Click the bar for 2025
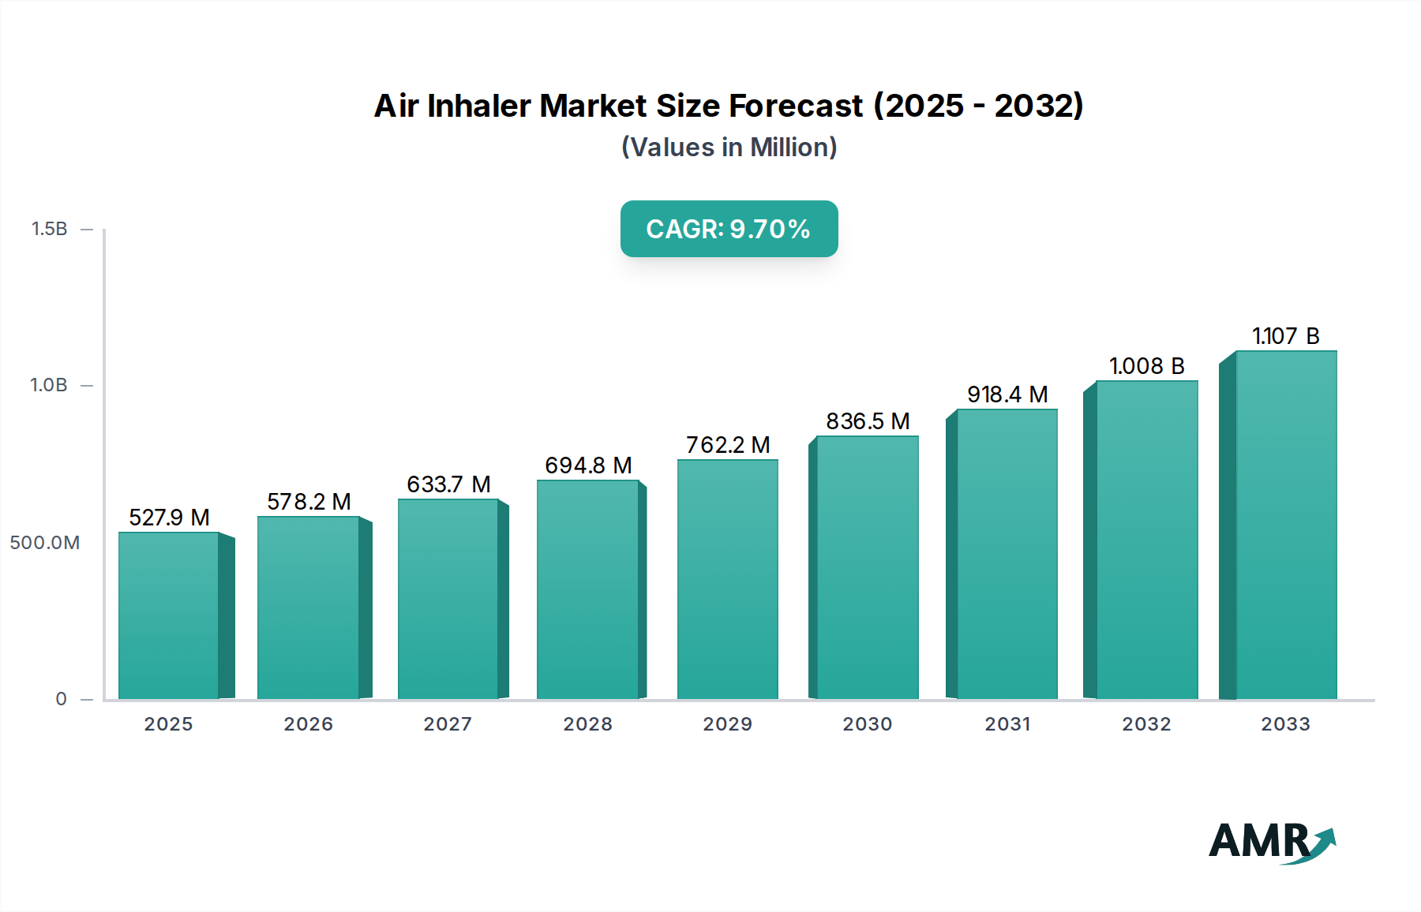168,615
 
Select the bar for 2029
727,580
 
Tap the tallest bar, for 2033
1286,525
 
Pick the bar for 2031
1007,554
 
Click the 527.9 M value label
169,518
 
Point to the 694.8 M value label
588,465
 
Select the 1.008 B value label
1146,366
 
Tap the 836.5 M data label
868,421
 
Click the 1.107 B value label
1285,336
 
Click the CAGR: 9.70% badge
729,229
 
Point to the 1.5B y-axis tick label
49,229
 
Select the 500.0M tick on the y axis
45,543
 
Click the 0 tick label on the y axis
61,699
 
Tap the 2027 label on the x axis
448,724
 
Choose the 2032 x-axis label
1146,724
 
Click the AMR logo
1271,843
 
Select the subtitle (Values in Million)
729,148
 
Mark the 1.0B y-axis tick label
49,385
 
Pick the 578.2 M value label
309,502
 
